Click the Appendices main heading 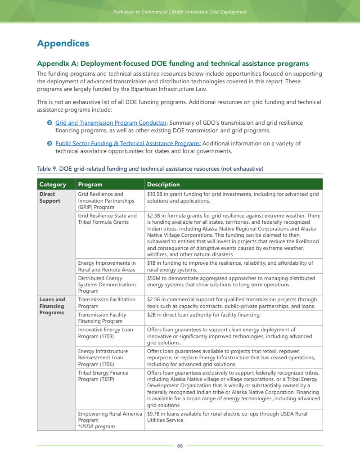(x=63, y=44)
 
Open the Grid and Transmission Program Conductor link (x=111, y=123)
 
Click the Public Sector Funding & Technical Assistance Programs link (x=128, y=144)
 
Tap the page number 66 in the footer (x=180, y=446)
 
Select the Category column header (x=53, y=185)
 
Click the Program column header (x=90, y=185)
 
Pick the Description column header (x=163, y=185)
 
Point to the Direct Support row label (x=49, y=198)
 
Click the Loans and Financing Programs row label (x=52, y=306)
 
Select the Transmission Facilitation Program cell (x=107, y=303)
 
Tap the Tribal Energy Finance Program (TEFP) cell (x=103, y=376)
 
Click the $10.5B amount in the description (x=156, y=195)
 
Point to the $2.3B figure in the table (x=154, y=216)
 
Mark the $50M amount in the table (x=154, y=279)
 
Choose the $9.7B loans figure (x=154, y=414)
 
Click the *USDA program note (x=96, y=426)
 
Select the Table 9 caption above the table (x=150, y=169)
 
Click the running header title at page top (x=180, y=12)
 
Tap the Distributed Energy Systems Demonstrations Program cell (x=107, y=285)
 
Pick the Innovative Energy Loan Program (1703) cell (x=105, y=333)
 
